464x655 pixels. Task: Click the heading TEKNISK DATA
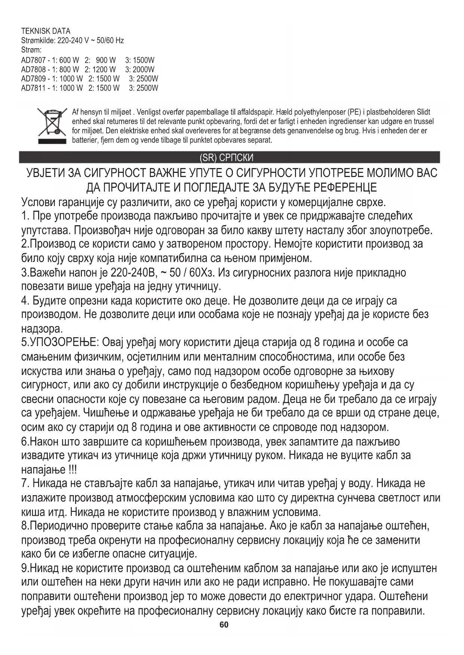pyautogui.click(x=46, y=31)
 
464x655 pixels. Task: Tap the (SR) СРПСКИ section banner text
pyautogui.click(x=227, y=158)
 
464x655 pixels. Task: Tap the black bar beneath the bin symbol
pyautogui.click(x=52, y=141)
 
